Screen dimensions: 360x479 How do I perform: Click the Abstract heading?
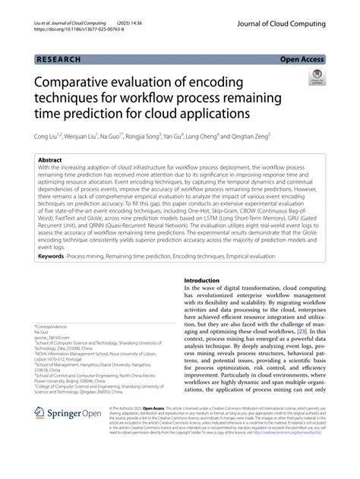pos(52,161)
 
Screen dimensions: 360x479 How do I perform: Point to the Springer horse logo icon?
pos(43,412)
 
